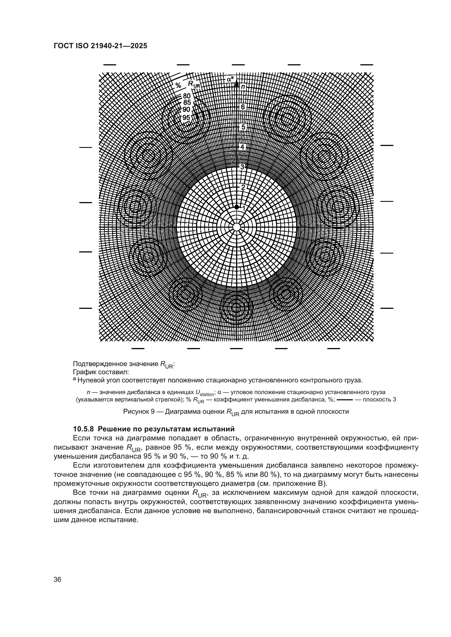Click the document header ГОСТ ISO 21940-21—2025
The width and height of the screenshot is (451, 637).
[x=100, y=46]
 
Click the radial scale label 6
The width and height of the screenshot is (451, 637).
[x=242, y=107]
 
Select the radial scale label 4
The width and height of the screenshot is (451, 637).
[x=242, y=147]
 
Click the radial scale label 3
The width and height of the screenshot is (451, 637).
[x=242, y=167]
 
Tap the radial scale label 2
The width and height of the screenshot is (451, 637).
[x=243, y=187]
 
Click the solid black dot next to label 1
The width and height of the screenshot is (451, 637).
[x=236, y=207]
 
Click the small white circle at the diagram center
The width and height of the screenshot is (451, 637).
[x=236, y=227]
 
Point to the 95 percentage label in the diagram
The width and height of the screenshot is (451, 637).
[x=186, y=118]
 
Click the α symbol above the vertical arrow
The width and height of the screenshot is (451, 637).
[x=229, y=79]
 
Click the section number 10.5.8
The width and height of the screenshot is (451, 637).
[x=84, y=429]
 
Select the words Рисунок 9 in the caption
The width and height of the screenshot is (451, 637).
[x=139, y=412]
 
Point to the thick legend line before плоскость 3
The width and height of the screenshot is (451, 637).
[x=345, y=400]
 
